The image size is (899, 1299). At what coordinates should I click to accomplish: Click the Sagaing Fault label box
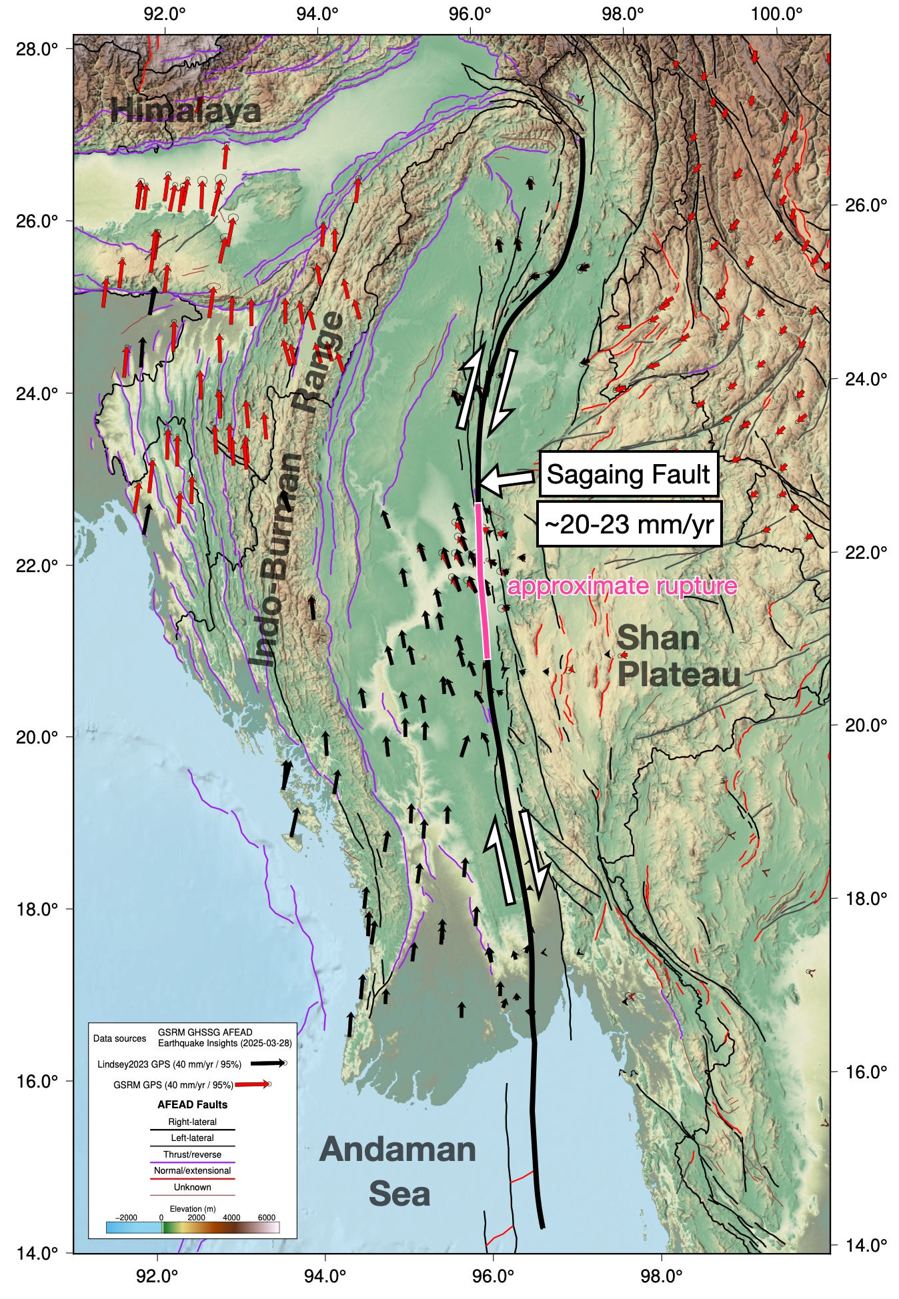pyautogui.click(x=628, y=475)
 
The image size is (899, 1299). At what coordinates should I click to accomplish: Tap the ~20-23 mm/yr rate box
pyautogui.click(x=628, y=525)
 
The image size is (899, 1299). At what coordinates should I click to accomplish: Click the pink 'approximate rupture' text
pyautogui.click(x=622, y=586)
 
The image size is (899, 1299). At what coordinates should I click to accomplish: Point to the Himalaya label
pyautogui.click(x=185, y=110)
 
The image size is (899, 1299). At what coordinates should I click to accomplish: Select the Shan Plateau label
pyautogui.click(x=678, y=657)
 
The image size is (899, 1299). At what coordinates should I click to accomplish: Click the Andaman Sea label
pyautogui.click(x=398, y=1172)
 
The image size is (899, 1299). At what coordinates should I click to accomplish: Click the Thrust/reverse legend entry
pyautogui.click(x=192, y=1154)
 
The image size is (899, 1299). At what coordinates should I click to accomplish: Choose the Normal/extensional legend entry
pyautogui.click(x=192, y=1171)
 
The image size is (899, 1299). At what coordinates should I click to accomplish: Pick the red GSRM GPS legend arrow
pyautogui.click(x=253, y=1085)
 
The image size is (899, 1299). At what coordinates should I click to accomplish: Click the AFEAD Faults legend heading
pyautogui.click(x=192, y=1104)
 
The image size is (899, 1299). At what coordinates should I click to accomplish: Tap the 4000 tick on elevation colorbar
pyautogui.click(x=231, y=1218)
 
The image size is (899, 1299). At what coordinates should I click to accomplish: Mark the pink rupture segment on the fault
pyautogui.click(x=483, y=580)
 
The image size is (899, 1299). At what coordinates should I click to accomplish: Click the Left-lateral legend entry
pyautogui.click(x=192, y=1138)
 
